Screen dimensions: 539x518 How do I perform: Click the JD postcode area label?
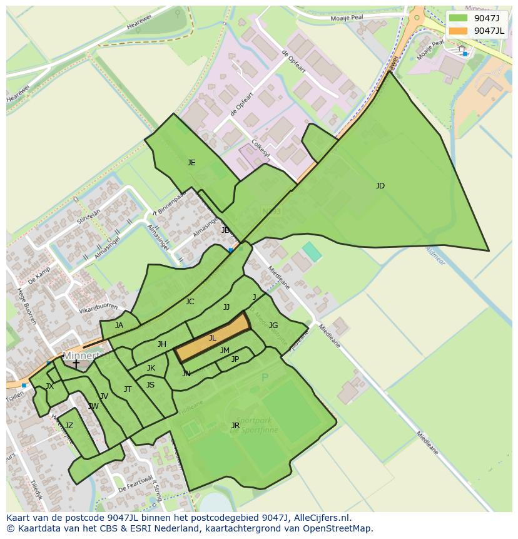(380, 186)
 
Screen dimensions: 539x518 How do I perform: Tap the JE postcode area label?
(191, 163)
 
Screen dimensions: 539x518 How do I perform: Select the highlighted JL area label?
(212, 338)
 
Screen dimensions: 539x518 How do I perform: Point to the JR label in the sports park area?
(235, 426)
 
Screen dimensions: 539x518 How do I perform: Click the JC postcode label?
(190, 302)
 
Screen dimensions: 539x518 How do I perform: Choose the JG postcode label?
(273, 326)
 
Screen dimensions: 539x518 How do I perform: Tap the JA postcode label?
(119, 326)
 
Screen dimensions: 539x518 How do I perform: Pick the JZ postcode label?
(69, 426)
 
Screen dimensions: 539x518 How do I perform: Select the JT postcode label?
(128, 389)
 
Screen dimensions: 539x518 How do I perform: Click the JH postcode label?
(162, 344)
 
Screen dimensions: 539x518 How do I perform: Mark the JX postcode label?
(49, 386)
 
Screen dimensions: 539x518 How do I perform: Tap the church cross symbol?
(76, 364)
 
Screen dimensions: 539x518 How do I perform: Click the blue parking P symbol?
(265, 377)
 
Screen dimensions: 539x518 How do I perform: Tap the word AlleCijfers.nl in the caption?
(316, 518)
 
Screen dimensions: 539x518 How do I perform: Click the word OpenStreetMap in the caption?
(338, 528)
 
